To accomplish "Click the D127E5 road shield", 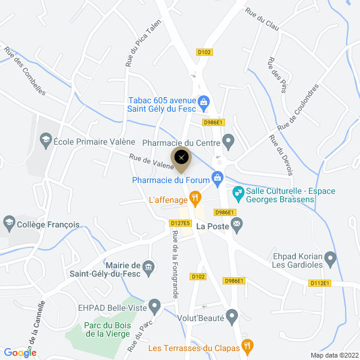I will [x=180, y=223].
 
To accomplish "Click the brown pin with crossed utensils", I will [x=181, y=158].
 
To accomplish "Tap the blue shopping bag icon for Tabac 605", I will [x=203, y=102].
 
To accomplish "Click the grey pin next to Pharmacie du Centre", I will [x=228, y=142].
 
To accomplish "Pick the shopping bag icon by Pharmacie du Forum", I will [x=217, y=178].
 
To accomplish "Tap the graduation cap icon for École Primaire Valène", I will [x=45, y=142].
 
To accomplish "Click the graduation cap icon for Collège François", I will [x=9, y=224].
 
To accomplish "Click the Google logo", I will [x=20, y=353].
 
